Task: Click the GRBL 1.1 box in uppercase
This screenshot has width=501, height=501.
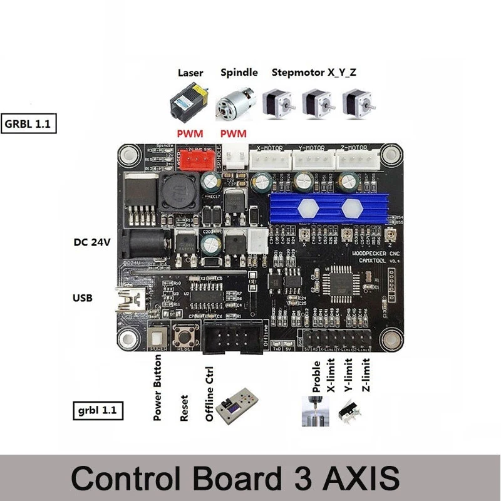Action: coord(29,123)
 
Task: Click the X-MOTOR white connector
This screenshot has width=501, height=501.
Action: coord(270,160)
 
